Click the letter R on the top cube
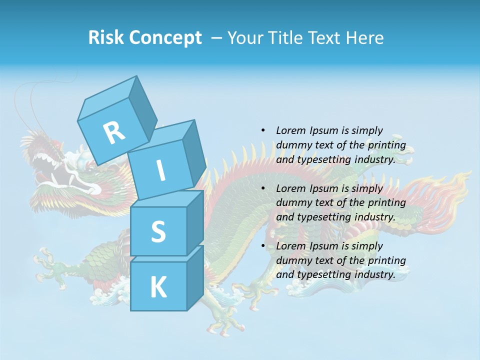click(114, 132)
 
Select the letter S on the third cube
click(158, 231)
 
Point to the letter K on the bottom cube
click(158, 287)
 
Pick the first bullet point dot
click(263, 130)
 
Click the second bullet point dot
click(263, 188)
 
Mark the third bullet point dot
click(263, 246)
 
